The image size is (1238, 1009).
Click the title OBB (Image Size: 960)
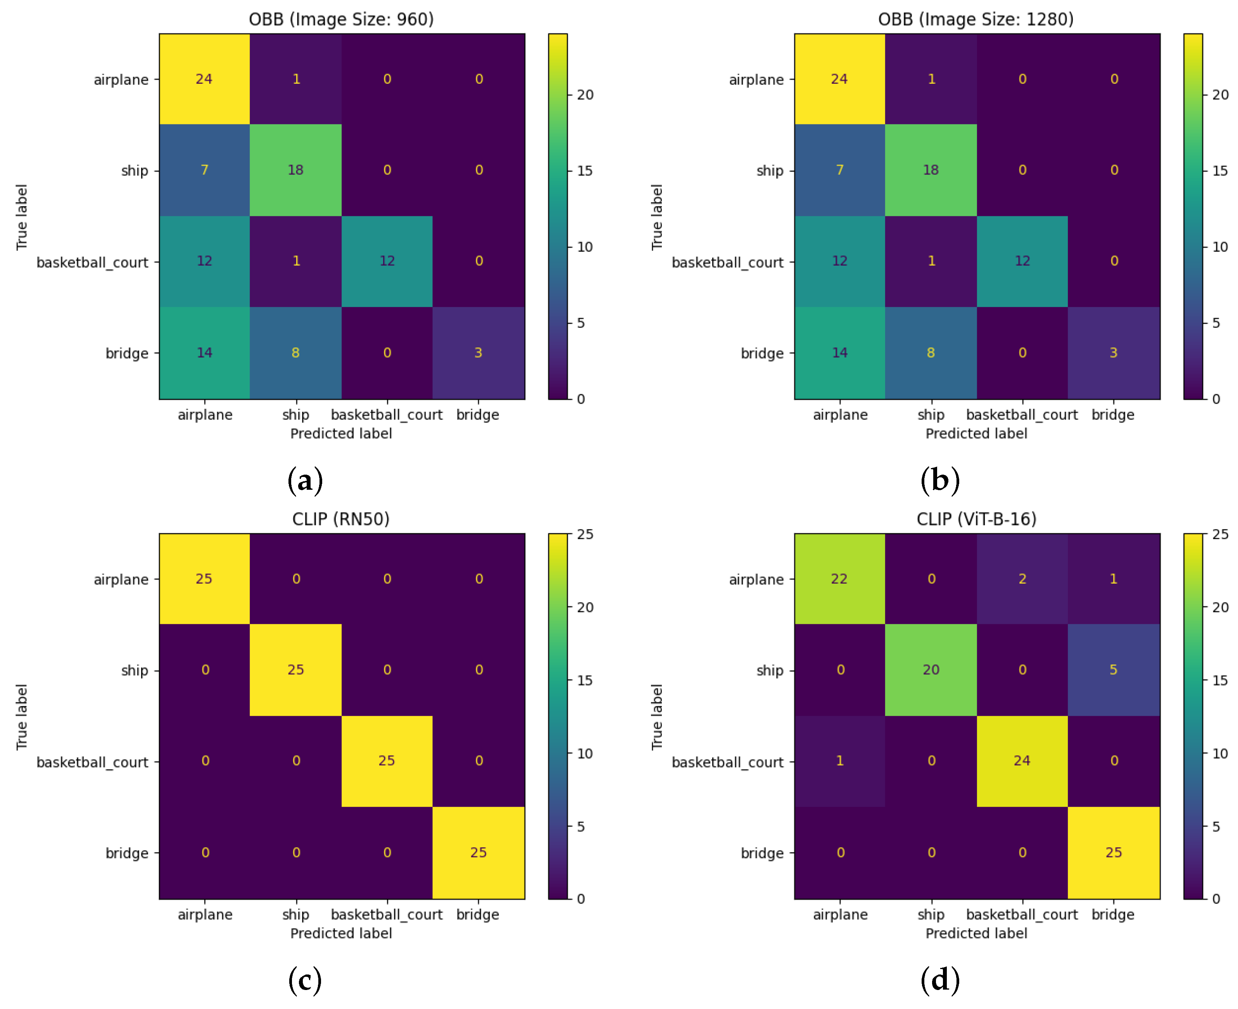(341, 19)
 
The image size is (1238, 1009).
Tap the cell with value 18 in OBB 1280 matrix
(931, 170)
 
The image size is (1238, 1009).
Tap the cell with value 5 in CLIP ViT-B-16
(1113, 670)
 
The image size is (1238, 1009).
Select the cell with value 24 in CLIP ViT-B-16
(1022, 760)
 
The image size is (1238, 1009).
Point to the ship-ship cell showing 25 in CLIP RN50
(295, 670)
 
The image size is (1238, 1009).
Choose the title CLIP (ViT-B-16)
(976, 518)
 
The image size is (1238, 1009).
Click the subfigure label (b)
(940, 480)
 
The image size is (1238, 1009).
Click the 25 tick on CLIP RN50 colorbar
(585, 534)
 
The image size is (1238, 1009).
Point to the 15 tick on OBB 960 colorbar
(585, 171)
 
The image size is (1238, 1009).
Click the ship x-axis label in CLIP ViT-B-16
(931, 914)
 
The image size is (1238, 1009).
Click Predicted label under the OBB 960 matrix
(341, 434)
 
